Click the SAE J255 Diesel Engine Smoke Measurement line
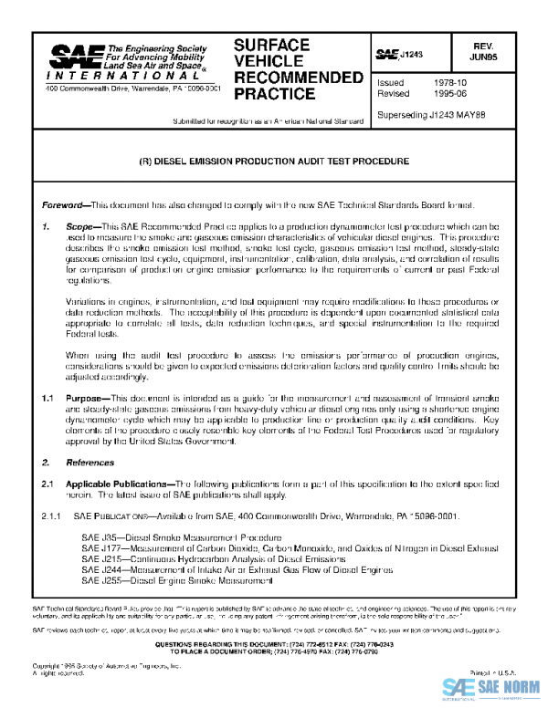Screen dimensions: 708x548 click(x=170, y=580)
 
